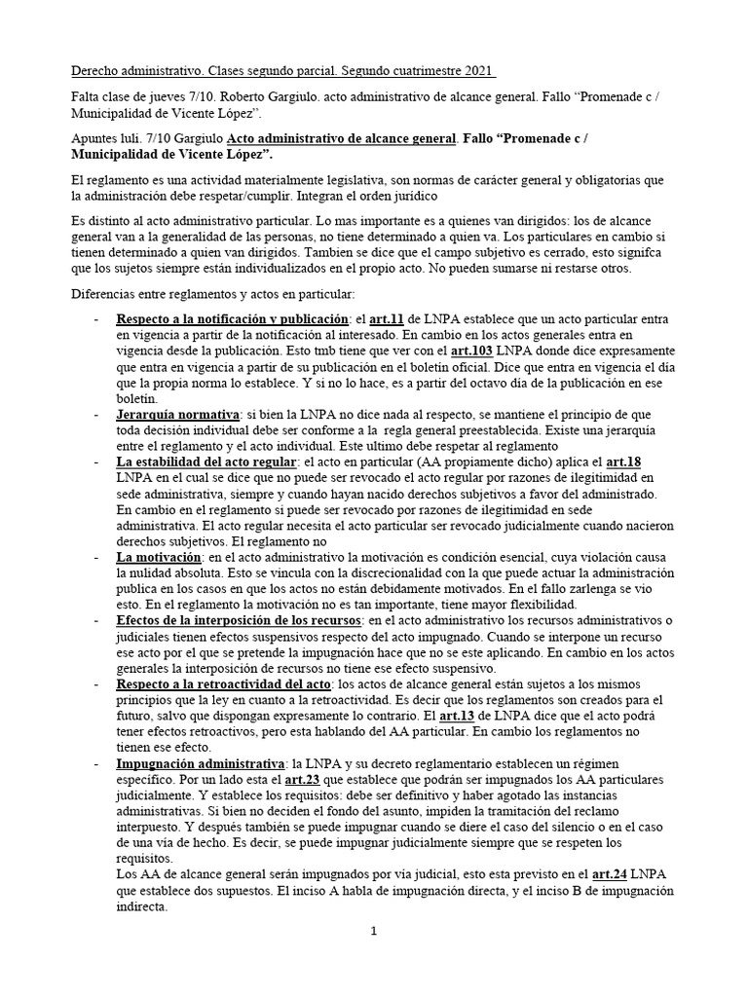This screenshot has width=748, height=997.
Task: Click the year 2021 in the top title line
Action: coord(476,72)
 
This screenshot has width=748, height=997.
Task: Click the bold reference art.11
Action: coord(386,318)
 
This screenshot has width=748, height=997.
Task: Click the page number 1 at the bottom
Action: coord(373,932)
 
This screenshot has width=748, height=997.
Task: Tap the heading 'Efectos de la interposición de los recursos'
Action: coord(240,619)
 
